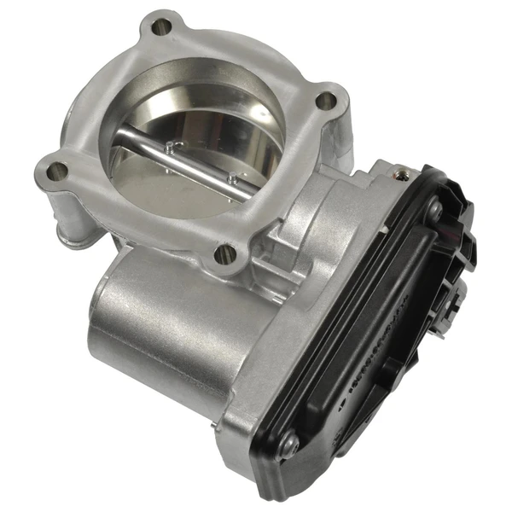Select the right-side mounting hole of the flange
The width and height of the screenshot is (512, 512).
(x=325, y=101)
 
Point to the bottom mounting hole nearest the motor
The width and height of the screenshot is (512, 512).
(x=225, y=252)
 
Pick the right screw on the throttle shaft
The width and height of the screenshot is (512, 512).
(x=231, y=178)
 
